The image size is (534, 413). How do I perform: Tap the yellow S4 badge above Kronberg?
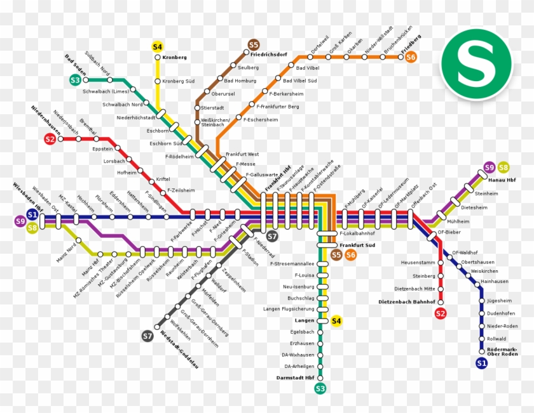[x=158, y=46]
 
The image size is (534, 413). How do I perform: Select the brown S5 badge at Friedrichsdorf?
[x=254, y=44]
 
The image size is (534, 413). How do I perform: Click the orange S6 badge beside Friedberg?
[x=411, y=57]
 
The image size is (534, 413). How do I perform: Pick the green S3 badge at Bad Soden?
[x=75, y=80]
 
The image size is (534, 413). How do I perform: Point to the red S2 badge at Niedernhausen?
[x=50, y=139]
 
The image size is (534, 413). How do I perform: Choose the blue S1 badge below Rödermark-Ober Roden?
[x=481, y=363]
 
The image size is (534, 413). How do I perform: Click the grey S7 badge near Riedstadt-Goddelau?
[x=147, y=336]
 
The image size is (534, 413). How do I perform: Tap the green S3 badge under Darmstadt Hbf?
[x=320, y=388]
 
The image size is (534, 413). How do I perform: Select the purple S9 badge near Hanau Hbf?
[x=489, y=167]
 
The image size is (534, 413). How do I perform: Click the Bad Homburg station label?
[x=241, y=81]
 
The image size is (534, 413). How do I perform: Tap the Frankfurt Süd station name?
[x=357, y=244]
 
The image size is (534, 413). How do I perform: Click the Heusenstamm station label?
[x=418, y=263]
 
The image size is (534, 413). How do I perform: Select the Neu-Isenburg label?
[x=298, y=287]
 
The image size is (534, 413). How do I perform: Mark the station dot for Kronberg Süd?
[x=158, y=81]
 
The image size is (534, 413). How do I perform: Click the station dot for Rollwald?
[x=481, y=339]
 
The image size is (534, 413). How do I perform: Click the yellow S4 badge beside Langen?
[x=336, y=321]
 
